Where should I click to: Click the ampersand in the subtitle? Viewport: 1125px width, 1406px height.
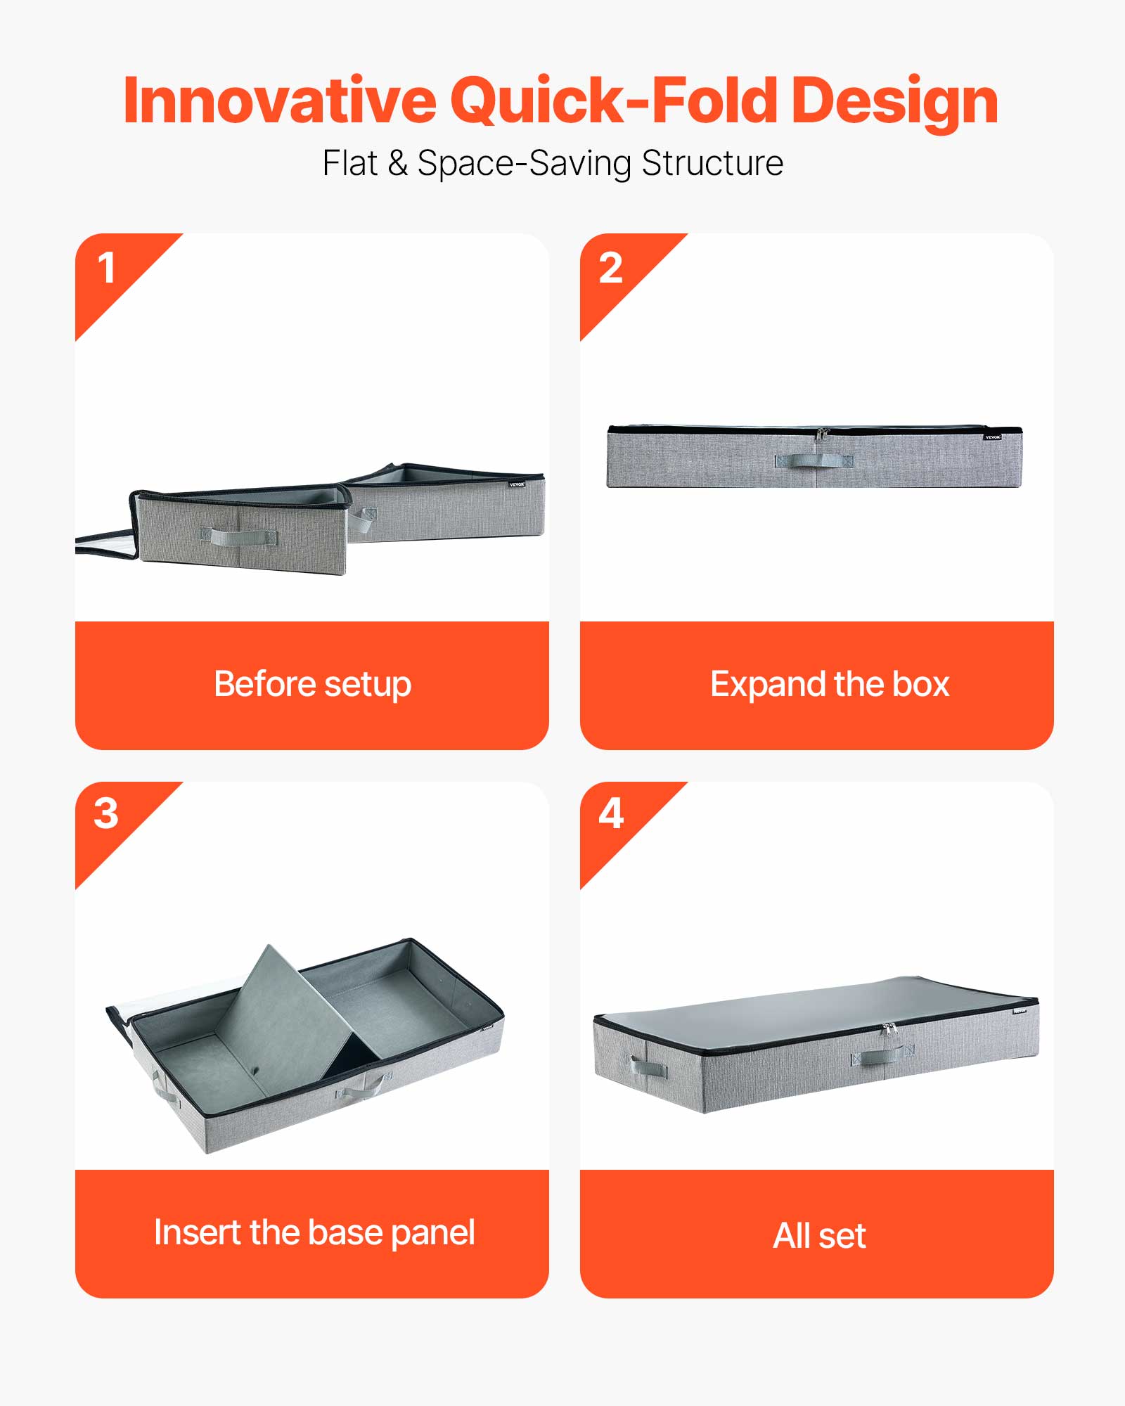(x=397, y=163)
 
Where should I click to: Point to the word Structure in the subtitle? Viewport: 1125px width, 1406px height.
(x=712, y=163)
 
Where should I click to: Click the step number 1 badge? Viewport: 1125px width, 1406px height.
(x=107, y=269)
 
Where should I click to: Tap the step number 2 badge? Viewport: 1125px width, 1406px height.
(x=610, y=269)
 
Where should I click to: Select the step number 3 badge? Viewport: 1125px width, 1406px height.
(x=106, y=814)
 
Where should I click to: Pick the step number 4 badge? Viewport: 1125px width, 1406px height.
(x=610, y=814)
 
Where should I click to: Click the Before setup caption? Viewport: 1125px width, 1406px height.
(x=312, y=684)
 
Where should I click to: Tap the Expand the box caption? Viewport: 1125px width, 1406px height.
(x=830, y=684)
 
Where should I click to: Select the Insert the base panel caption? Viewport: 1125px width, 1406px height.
(x=314, y=1232)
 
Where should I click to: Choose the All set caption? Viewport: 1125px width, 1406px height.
(x=819, y=1235)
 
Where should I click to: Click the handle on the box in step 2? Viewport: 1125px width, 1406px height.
(x=814, y=460)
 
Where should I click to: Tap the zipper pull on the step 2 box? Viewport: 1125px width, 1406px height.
(x=821, y=434)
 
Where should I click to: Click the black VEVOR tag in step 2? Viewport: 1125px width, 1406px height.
(x=992, y=437)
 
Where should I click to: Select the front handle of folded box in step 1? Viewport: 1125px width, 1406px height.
(x=239, y=538)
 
